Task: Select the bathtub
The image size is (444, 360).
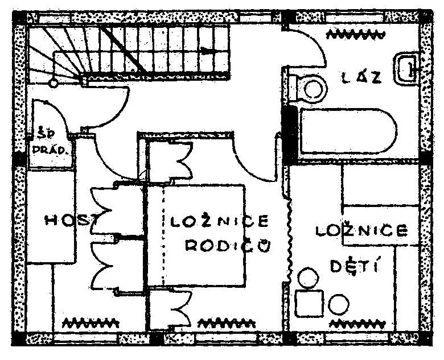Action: [x=348, y=131]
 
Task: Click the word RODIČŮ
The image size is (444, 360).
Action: [x=228, y=246]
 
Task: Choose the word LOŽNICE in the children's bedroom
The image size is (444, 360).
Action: [x=362, y=230]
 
